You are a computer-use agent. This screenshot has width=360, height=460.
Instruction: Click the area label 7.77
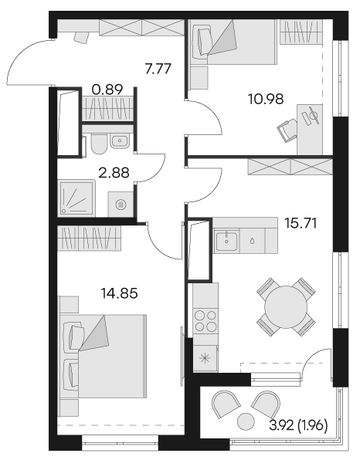point(158,69)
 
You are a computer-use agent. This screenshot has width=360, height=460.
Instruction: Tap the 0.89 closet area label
point(107,90)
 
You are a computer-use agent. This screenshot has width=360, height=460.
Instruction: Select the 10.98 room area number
point(266,99)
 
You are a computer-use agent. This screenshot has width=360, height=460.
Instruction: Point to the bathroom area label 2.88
point(114,173)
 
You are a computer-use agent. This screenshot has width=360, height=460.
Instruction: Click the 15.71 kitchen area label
point(301,225)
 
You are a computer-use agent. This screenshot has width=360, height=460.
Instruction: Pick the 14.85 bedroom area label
point(119,293)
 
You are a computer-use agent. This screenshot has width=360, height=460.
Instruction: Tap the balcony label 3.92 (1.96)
point(298,425)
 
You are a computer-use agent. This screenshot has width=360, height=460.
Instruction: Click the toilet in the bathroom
point(99,144)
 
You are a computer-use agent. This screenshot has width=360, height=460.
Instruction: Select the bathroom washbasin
point(119,141)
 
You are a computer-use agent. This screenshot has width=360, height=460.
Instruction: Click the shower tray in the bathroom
point(77,198)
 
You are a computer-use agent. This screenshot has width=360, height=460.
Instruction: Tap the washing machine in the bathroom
point(121,205)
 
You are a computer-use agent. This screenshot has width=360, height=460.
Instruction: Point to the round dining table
point(286,307)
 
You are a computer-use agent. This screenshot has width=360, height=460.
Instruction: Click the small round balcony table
point(246,421)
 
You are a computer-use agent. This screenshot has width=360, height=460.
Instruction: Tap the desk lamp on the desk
point(312,115)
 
